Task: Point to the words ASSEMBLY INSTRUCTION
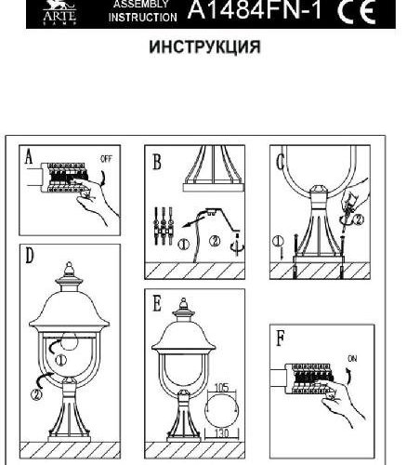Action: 142,10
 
